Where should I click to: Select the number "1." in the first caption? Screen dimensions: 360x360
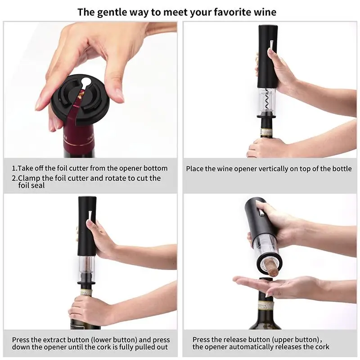(14, 168)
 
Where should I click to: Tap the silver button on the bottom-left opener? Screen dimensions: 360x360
(90, 216)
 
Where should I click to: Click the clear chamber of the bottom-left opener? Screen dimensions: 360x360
(87, 268)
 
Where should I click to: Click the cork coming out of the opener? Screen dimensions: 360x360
(271, 263)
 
